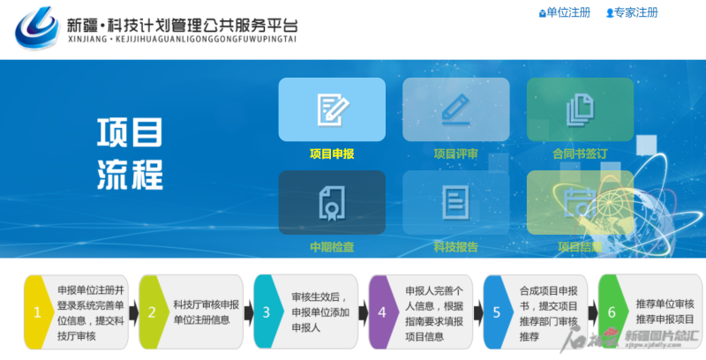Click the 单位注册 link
pyautogui.click(x=564, y=13)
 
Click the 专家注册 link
pyautogui.click(x=632, y=13)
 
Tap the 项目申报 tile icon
pyautogui.click(x=332, y=109)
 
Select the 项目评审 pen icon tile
pyautogui.click(x=455, y=109)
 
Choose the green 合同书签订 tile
pyautogui.click(x=580, y=109)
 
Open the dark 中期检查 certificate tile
pyautogui.click(x=332, y=202)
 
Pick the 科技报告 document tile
pyautogui.click(x=455, y=202)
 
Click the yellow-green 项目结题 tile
pyautogui.click(x=580, y=202)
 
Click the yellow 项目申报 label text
pyautogui.click(x=332, y=154)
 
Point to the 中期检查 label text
pyautogui.click(x=332, y=247)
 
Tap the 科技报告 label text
pyautogui.click(x=455, y=247)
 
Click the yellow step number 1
pyautogui.click(x=37, y=311)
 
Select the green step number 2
pyautogui.click(x=152, y=311)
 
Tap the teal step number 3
pyautogui.click(x=267, y=311)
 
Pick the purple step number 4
pyautogui.click(x=381, y=311)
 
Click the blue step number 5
pyautogui.click(x=497, y=311)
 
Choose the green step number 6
pyautogui.click(x=612, y=311)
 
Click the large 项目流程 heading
pyautogui.click(x=130, y=154)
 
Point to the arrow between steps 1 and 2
pyautogui.click(x=133, y=312)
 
